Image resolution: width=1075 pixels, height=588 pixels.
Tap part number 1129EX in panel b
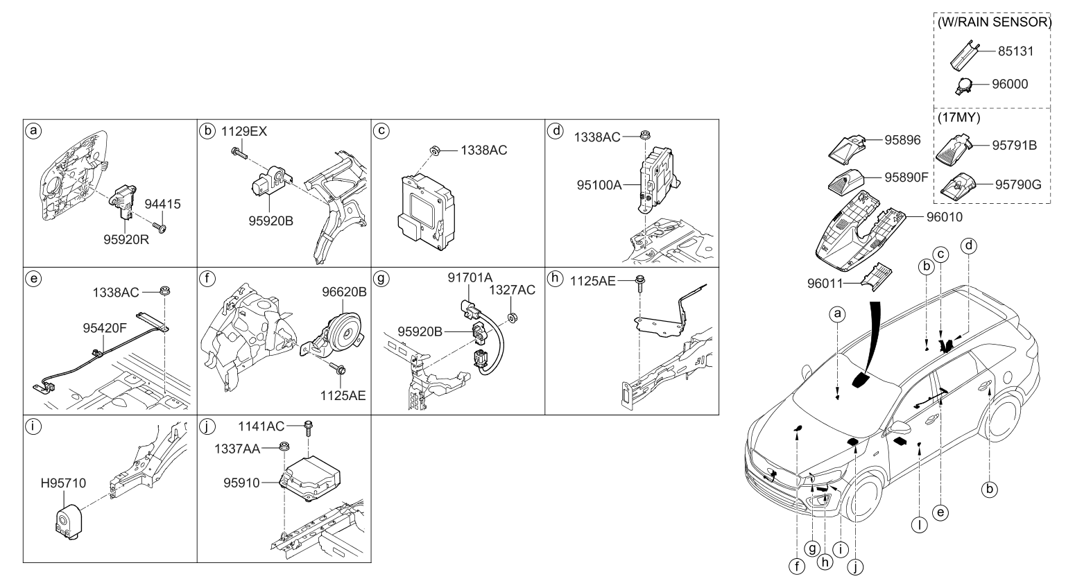[243, 131]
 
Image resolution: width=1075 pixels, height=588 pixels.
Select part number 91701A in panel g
[470, 278]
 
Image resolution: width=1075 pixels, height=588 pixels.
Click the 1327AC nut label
[512, 290]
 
